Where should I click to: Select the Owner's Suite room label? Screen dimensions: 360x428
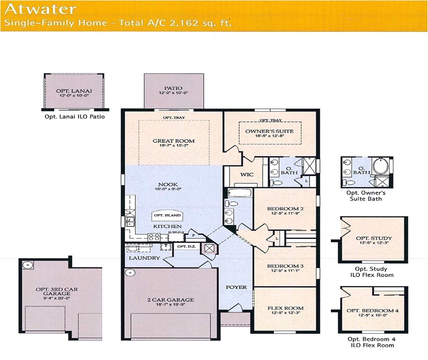pos(270,131)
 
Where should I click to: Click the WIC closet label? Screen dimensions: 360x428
pos(247,174)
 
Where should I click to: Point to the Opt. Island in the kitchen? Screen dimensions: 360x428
pos(167,216)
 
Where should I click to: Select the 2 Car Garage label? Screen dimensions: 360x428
pos(169,300)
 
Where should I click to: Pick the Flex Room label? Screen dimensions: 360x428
pos(285,308)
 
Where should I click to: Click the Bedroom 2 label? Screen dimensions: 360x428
pos(285,209)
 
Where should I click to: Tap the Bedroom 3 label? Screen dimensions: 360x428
pos(285,266)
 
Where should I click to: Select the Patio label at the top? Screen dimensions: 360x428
pos(173,88)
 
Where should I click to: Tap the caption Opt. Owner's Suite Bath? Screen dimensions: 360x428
pos(366,196)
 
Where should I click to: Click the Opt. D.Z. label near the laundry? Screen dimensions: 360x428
pos(185,246)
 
